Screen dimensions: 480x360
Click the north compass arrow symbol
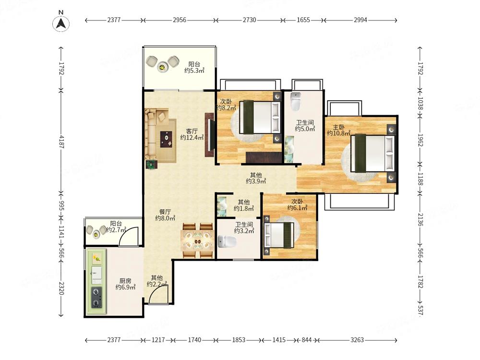click(61, 23)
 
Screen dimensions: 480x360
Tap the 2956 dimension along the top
click(180, 20)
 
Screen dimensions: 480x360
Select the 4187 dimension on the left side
click(61, 142)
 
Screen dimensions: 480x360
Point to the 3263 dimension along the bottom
click(357, 340)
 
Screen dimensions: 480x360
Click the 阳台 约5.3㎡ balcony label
click(194, 67)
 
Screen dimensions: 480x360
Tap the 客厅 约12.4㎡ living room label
click(192, 134)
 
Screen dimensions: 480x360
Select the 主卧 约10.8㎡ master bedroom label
click(338, 130)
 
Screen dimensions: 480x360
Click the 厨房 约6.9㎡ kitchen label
click(125, 284)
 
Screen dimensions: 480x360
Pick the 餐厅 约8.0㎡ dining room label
click(165, 215)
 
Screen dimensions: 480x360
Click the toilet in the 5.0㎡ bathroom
click(295, 101)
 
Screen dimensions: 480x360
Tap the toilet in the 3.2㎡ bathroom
click(227, 241)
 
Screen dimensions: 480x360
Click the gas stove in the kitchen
click(97, 297)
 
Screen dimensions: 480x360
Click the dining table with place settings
click(198, 240)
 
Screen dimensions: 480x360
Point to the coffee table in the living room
click(166, 139)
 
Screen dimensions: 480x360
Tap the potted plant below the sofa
click(151, 164)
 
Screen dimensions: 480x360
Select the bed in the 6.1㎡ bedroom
click(278, 235)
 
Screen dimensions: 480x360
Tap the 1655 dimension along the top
click(303, 20)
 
